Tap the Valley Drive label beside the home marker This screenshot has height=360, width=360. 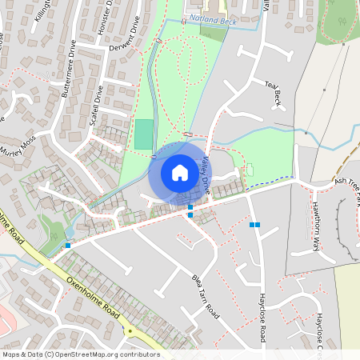pyautogui.click(x=206, y=176)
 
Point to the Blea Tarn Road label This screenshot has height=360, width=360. pyautogui.click(x=206, y=295)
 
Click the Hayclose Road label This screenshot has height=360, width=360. pyautogui.click(x=262, y=317)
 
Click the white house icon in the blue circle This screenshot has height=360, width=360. pyautogui.click(x=179, y=173)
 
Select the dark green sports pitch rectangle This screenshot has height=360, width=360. pyautogui.click(x=143, y=134)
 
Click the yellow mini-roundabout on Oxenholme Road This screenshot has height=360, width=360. pyautogui.click(x=129, y=330)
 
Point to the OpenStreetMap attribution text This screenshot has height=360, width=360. pyautogui.click(x=81, y=354)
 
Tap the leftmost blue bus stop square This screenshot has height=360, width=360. pyautogui.click(x=68, y=245)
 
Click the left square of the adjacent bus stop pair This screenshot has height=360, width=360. pyautogui.click(x=251, y=225)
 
